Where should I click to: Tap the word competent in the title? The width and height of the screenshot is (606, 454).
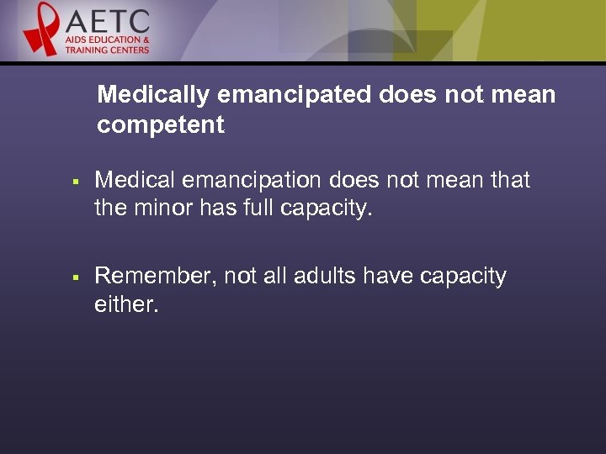tap(161, 125)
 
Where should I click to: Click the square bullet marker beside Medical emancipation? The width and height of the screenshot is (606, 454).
tap(75, 181)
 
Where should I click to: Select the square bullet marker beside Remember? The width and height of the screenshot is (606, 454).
tap(75, 277)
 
